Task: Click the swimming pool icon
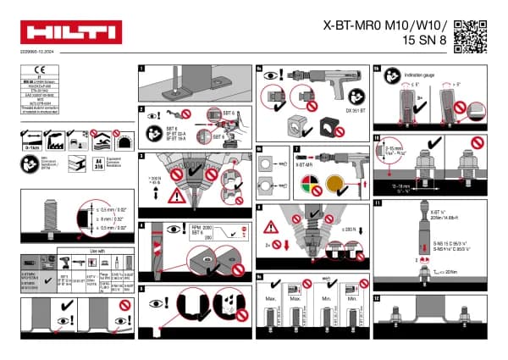tap(99, 138)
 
